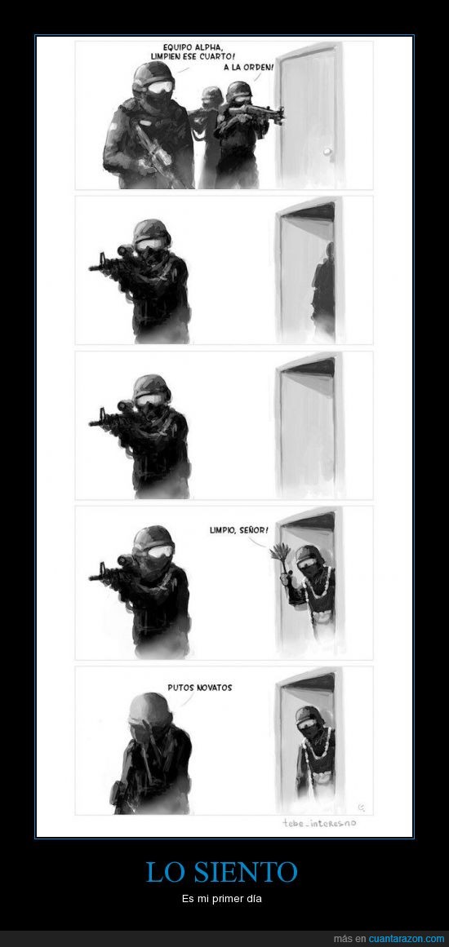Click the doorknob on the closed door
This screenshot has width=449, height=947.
pyautogui.click(x=327, y=153)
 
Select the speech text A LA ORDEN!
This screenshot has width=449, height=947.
pyautogui.click(x=249, y=68)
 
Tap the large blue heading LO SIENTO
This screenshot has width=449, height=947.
pyautogui.click(x=222, y=872)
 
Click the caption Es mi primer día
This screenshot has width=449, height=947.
pyautogui.click(x=222, y=899)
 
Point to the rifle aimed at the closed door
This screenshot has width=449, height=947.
pyautogui.click(x=254, y=113)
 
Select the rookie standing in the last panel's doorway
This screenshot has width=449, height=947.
pyautogui.click(x=313, y=756)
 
